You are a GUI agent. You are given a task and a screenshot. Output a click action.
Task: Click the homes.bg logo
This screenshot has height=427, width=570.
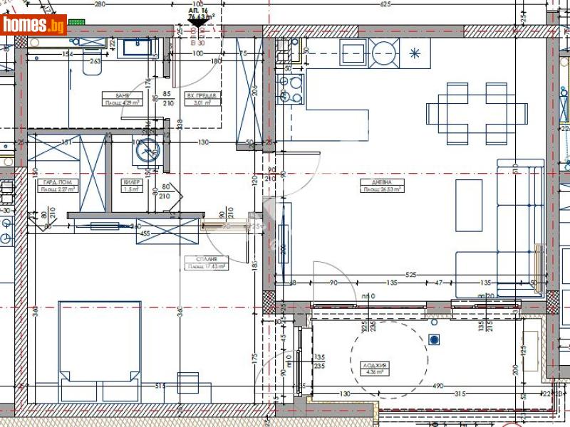(x=33, y=25)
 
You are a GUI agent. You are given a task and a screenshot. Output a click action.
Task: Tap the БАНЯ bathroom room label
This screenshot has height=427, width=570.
(x=110, y=97)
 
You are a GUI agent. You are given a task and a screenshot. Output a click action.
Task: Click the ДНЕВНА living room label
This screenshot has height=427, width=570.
(x=382, y=185)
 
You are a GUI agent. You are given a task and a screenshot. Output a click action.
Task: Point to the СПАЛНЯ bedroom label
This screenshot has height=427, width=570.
(x=207, y=263)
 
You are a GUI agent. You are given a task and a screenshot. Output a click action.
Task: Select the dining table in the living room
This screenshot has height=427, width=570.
(x=477, y=113)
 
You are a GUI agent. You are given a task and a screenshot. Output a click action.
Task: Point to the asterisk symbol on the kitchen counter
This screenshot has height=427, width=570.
(x=415, y=53)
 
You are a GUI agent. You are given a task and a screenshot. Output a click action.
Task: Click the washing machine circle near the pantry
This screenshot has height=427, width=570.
(x=149, y=149)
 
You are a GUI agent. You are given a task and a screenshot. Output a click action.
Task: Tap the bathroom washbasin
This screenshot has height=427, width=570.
(x=138, y=47)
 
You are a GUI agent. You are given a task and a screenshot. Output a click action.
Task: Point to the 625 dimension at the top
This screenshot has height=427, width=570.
(x=385, y=4)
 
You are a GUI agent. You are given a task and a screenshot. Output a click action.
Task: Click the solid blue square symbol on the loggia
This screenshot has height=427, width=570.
(x=432, y=339)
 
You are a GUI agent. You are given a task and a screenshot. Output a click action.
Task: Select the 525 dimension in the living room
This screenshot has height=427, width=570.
(x=410, y=274)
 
